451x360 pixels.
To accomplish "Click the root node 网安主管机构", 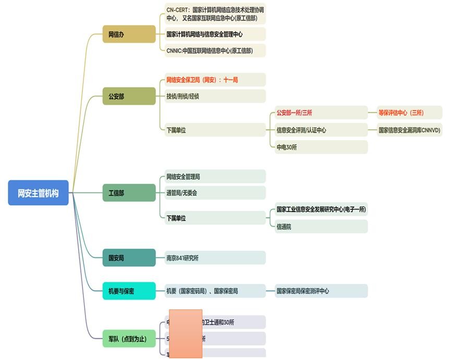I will pyautogui.click(x=38, y=193).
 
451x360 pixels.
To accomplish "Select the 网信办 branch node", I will pyautogui.click(x=129, y=34).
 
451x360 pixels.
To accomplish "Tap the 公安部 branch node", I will pyautogui.click(x=129, y=96).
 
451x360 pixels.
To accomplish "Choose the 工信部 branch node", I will pyautogui.click(x=129, y=193).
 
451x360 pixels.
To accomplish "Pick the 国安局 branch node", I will pyautogui.click(x=129, y=258).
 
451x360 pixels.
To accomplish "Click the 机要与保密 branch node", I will pyautogui.click(x=129, y=291).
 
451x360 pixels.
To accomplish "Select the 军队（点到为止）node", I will pyautogui.click(x=129, y=339).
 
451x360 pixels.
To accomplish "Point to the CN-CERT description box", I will pyautogui.click(x=214, y=14).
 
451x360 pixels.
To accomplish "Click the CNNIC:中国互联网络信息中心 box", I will pyautogui.click(x=214, y=51).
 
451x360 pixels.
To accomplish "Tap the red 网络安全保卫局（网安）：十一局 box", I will pyautogui.click(x=214, y=80).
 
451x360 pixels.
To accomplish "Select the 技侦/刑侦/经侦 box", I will pyautogui.click(x=214, y=96).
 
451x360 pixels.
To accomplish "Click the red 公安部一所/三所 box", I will pyautogui.click(x=321, y=113).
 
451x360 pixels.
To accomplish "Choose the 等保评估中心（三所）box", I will pyautogui.click(x=410, y=113).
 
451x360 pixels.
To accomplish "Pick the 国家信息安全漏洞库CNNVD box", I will pyautogui.click(x=410, y=130).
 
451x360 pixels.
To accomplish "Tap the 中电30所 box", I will pyautogui.click(x=321, y=147).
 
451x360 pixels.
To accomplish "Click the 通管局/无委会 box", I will pyautogui.click(x=214, y=193).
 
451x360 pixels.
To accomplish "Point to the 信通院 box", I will pyautogui.click(x=321, y=227).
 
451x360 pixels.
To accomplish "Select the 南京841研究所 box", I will pyautogui.click(x=214, y=258).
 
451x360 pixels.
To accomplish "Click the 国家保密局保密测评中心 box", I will pyautogui.click(x=321, y=291).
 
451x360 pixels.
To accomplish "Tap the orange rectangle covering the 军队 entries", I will pyautogui.click(x=186, y=333).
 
